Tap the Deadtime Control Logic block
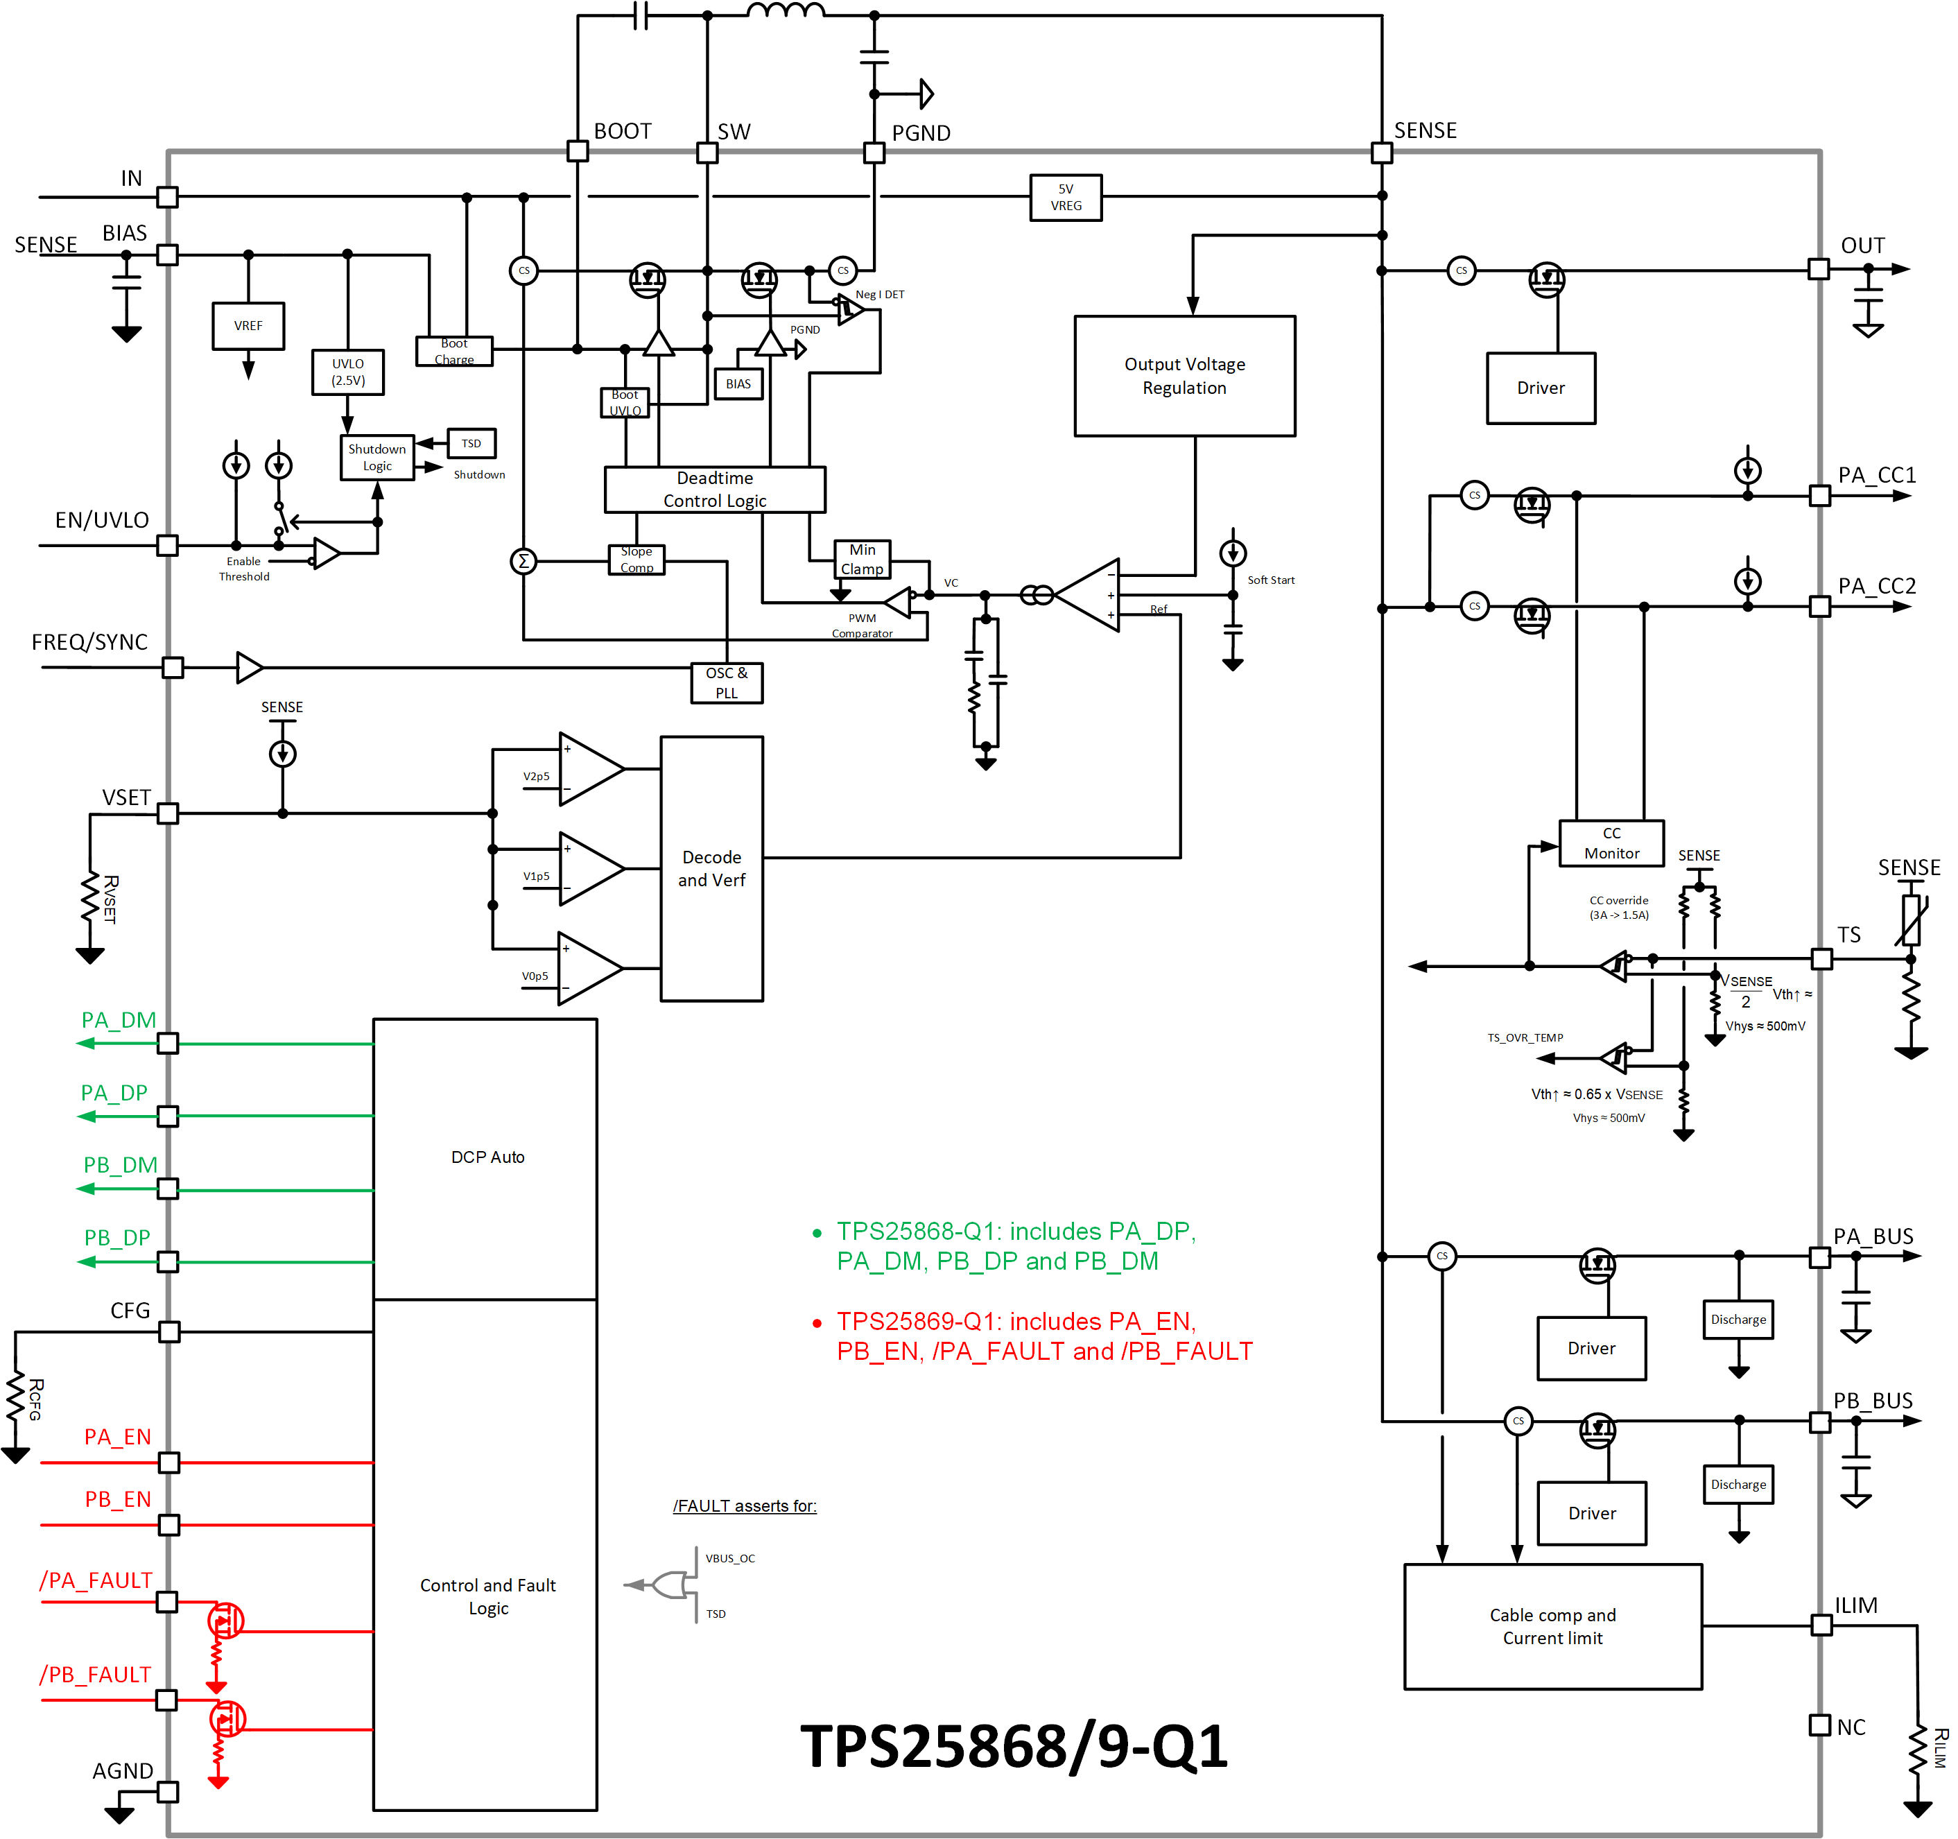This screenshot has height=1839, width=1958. coord(714,490)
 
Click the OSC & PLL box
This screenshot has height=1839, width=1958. coord(726,682)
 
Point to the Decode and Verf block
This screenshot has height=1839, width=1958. coord(711,867)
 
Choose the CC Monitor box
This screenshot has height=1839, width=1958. coord(1611,843)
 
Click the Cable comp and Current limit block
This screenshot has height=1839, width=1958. coord(1552,1625)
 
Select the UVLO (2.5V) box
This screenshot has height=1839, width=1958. coord(347,372)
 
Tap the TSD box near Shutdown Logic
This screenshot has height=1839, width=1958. coord(471,443)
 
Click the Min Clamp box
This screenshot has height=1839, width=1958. coord(862,558)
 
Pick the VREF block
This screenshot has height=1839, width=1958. coord(248,326)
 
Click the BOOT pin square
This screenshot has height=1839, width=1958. coord(578,152)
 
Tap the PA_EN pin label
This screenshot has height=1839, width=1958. coord(117,1436)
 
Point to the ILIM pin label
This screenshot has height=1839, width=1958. coord(1855,1605)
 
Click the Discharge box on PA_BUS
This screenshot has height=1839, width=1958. coord(1738,1319)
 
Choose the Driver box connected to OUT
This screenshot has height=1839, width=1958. coord(1541,388)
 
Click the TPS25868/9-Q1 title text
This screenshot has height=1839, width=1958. coord(1014,1745)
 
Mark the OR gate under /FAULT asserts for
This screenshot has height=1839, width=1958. coord(670,1585)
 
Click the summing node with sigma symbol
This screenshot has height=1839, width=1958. coord(524,562)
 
